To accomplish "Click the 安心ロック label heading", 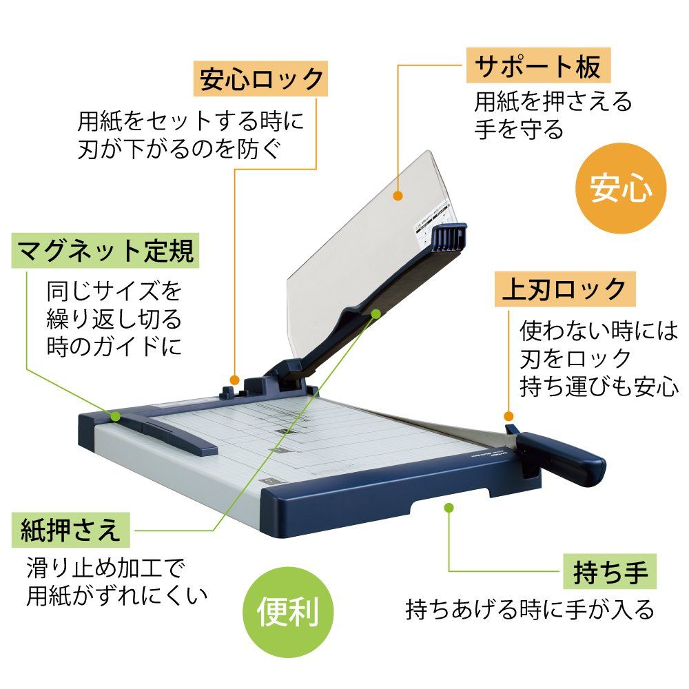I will pos(260,79).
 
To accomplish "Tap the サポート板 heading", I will pos(538,67).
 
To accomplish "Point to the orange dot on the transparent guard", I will pos(398,196).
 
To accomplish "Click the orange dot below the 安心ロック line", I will pos(235,380).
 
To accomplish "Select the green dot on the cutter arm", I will pos(376,313).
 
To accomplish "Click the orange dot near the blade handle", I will pos(508,417).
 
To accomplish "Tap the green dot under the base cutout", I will pos(449,508).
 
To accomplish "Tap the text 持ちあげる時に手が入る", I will pos(529,609).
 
